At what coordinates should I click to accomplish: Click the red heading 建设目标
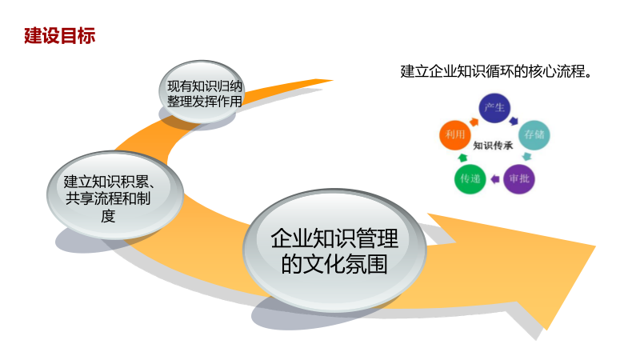pyautogui.click(x=60, y=37)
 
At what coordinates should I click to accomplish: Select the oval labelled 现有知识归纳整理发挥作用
pyautogui.click(x=204, y=92)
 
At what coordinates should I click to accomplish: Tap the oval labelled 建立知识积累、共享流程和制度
pyautogui.click(x=114, y=198)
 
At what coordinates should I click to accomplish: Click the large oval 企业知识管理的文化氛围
pyautogui.click(x=334, y=250)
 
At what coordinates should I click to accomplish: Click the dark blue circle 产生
pyautogui.click(x=494, y=109)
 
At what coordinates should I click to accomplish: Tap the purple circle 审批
pyautogui.click(x=518, y=178)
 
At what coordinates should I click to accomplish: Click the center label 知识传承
pyautogui.click(x=494, y=146)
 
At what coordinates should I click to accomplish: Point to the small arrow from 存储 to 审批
pyautogui.click(x=530, y=158)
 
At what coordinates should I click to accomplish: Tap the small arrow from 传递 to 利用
pyautogui.click(x=457, y=159)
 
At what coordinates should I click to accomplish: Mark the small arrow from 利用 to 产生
pyautogui.click(x=472, y=120)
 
